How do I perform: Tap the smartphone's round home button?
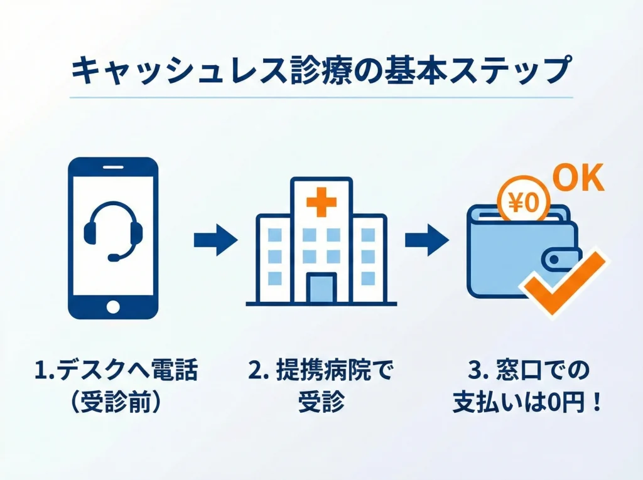(x=113, y=307)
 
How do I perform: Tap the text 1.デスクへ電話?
(x=116, y=371)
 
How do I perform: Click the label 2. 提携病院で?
(x=321, y=371)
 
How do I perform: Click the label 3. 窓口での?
(x=527, y=371)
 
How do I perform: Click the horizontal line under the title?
(x=321, y=97)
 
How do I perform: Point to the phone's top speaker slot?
(x=113, y=168)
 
